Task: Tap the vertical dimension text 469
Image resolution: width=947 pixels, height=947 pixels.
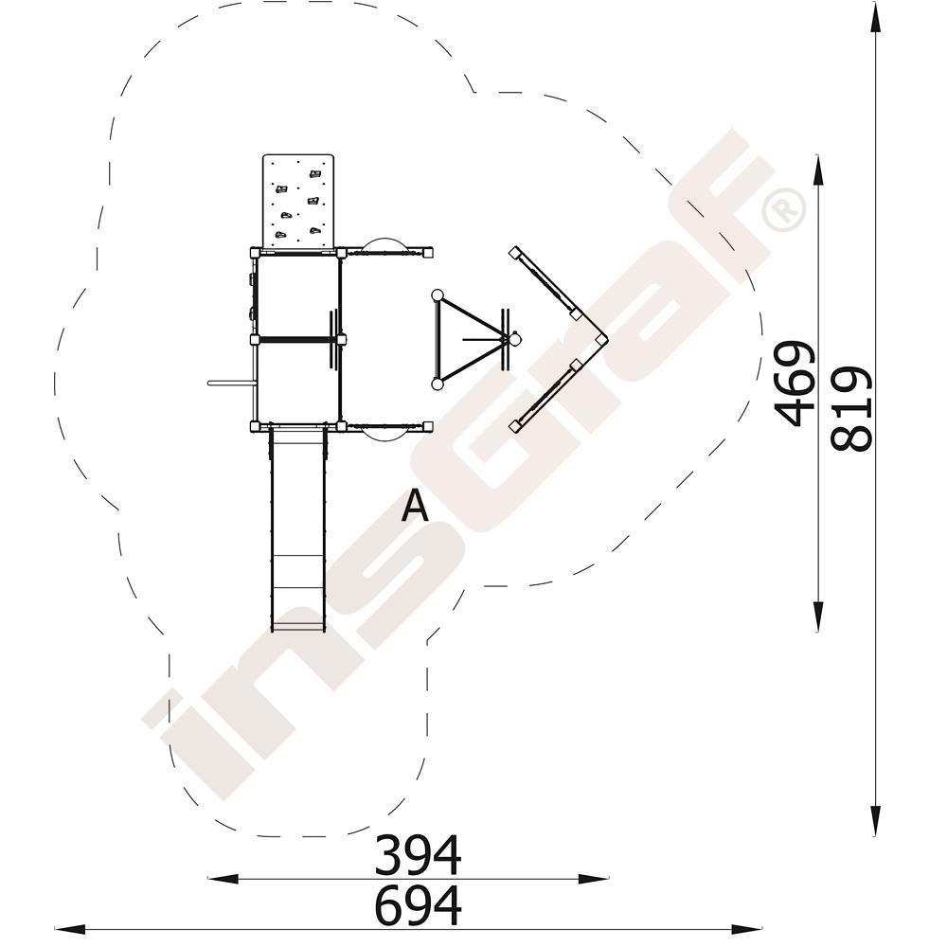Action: [794, 383]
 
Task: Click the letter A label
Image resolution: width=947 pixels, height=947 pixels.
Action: [415, 505]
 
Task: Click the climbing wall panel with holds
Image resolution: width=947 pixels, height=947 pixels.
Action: [298, 201]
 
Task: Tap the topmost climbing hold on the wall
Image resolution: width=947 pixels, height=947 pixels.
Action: [314, 174]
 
